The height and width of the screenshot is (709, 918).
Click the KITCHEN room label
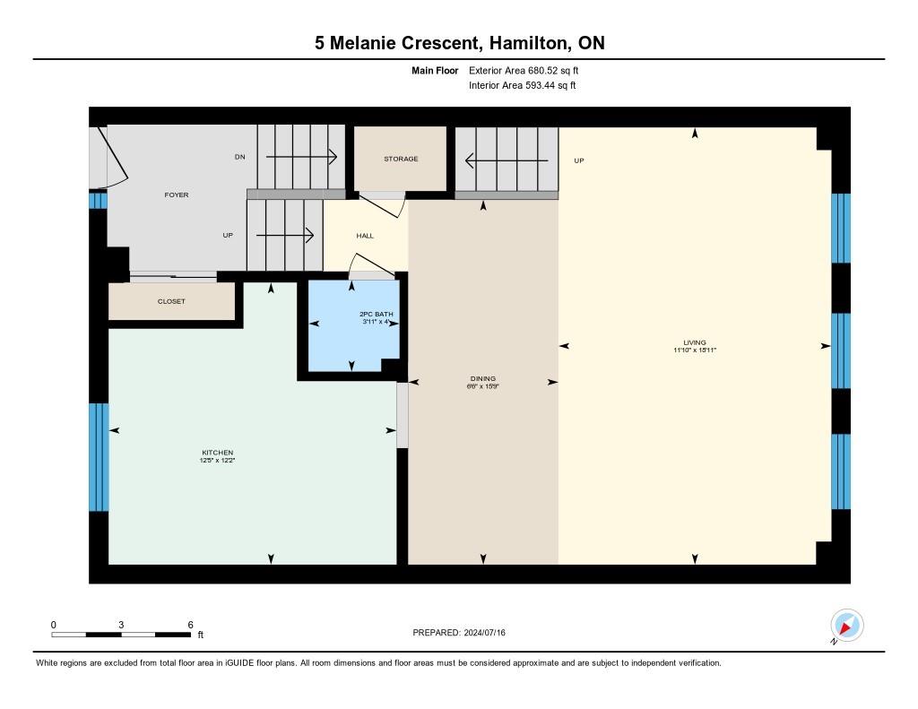click(x=217, y=453)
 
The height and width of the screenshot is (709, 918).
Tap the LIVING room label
click(x=695, y=342)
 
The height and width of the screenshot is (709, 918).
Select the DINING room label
click(x=482, y=378)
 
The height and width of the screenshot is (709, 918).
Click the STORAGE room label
click(x=401, y=159)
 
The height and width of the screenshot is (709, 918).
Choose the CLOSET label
click(x=171, y=301)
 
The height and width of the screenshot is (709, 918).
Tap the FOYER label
click(x=177, y=195)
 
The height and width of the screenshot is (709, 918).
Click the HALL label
click(x=365, y=236)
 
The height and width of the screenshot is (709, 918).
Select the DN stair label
click(x=240, y=157)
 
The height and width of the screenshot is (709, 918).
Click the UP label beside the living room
click(x=579, y=160)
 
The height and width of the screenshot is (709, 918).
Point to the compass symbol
click(x=846, y=625)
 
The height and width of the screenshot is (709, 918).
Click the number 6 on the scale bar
click(x=190, y=625)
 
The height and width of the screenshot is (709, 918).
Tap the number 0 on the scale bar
click(x=54, y=625)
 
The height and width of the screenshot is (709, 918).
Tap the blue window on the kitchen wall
click(x=99, y=457)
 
